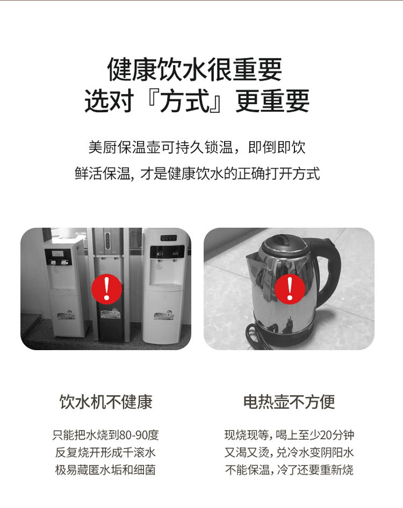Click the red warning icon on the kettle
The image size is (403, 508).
click(x=290, y=289)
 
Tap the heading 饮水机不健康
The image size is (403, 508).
click(x=106, y=402)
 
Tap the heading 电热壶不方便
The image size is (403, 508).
click(x=289, y=402)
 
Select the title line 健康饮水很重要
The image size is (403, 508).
click(x=195, y=69)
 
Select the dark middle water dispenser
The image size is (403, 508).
click(x=108, y=285)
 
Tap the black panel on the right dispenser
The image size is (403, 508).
click(x=167, y=252)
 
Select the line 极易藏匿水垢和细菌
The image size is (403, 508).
click(x=105, y=470)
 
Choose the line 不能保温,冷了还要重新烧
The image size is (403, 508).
click(x=289, y=470)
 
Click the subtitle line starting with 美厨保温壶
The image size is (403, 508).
click(x=197, y=148)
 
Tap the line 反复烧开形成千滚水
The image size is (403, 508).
click(x=105, y=452)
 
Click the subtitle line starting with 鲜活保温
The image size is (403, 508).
click(x=197, y=173)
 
